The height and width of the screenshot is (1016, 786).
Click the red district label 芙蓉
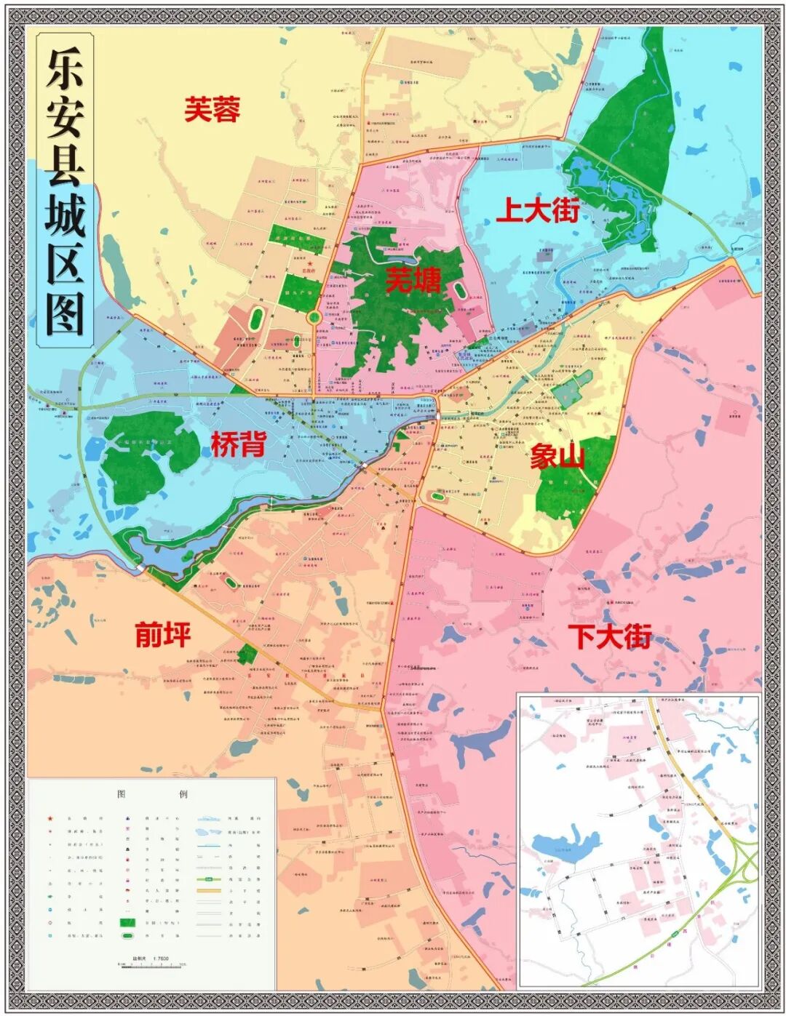[x=212, y=110]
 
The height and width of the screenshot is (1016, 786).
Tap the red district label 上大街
[x=538, y=210]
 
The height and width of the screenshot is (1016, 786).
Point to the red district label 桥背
[x=238, y=444]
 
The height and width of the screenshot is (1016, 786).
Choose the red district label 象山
[x=557, y=458]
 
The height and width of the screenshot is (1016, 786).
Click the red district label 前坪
[x=163, y=634]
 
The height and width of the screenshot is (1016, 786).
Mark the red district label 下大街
[x=610, y=636]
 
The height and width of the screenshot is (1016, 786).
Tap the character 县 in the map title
[x=65, y=166]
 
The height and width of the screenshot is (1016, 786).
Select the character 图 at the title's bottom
[x=65, y=314]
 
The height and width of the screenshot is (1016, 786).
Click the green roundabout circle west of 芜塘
[x=314, y=318]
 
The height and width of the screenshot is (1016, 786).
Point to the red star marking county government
[x=310, y=265]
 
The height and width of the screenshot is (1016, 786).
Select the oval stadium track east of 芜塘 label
[x=461, y=290]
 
